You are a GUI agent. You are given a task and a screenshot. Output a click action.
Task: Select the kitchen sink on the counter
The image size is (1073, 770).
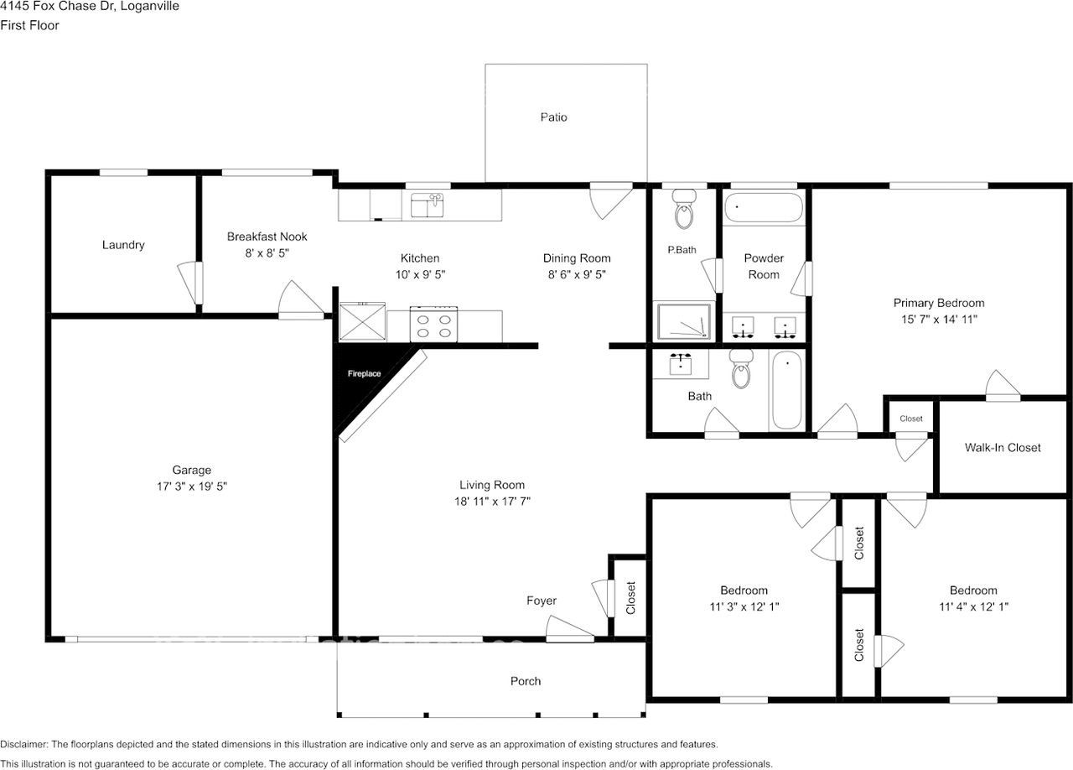click(x=428, y=205)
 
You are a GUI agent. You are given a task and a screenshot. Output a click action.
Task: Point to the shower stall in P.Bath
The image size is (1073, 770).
click(x=684, y=322)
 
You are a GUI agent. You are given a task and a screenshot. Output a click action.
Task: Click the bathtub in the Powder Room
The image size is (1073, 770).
click(x=764, y=207)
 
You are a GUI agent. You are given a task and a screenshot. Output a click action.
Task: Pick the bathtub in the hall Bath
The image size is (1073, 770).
click(x=786, y=390)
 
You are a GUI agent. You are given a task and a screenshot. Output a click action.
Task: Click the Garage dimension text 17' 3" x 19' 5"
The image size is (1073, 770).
click(x=192, y=486)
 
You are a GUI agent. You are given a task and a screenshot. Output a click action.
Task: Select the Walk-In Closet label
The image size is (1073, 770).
click(x=1003, y=448)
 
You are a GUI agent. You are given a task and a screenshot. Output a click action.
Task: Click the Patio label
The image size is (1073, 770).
click(x=553, y=117)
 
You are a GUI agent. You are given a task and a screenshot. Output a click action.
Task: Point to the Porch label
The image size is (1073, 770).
click(x=526, y=681)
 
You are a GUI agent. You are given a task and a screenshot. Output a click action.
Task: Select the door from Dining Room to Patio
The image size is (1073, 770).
click(x=609, y=200)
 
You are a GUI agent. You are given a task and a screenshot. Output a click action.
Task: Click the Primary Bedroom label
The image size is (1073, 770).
click(x=938, y=303)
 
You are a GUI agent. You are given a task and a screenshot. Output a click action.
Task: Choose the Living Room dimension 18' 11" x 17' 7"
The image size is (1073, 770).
click(x=491, y=501)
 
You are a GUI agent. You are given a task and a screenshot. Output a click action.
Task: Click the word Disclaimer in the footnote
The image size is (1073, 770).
click(x=24, y=744)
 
